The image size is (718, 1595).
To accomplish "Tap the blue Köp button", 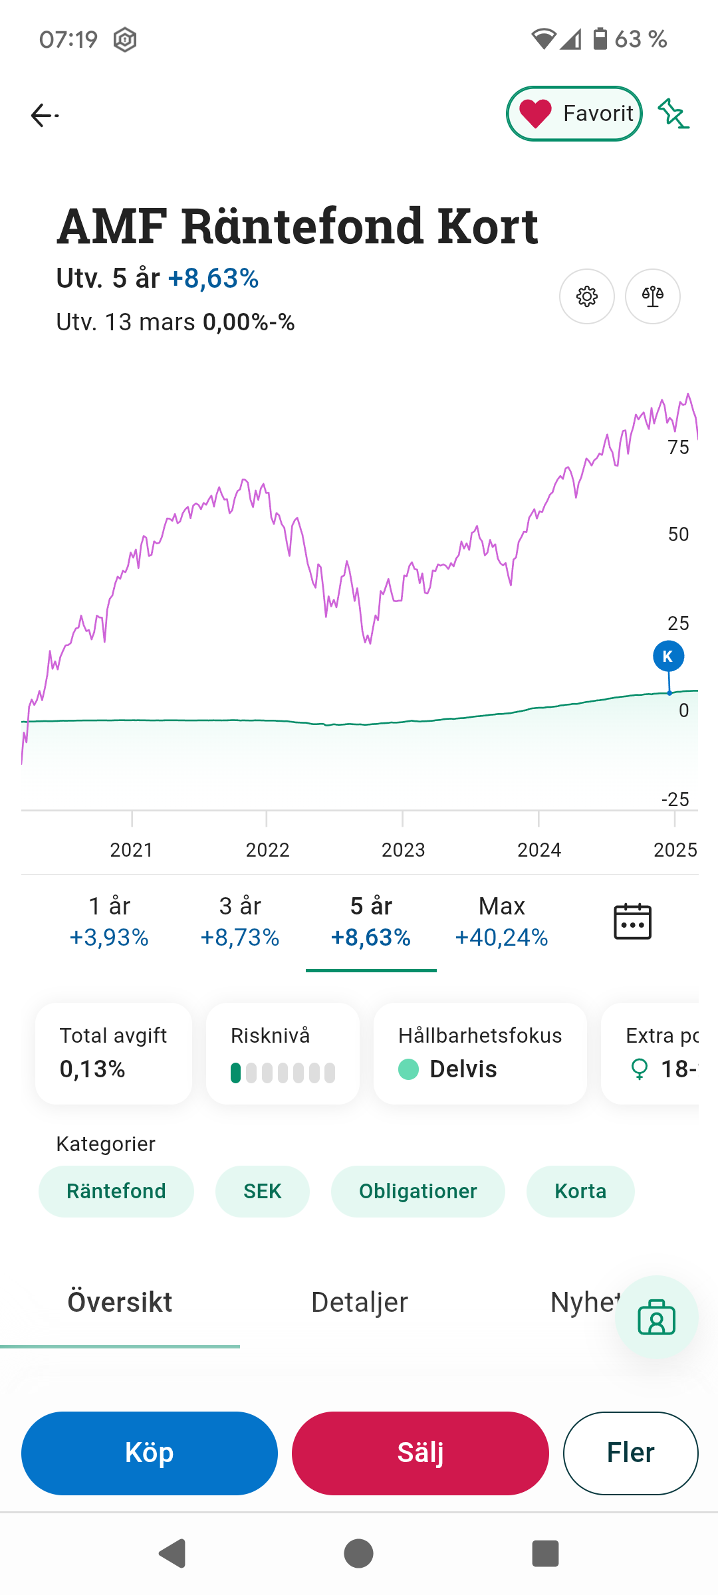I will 150,1453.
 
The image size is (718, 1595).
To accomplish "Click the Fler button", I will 630,1453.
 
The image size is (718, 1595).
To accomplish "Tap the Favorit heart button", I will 574,114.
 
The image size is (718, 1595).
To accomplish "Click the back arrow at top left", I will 44,116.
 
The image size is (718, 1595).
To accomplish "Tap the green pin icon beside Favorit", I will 673,114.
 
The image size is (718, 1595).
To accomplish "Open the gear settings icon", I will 586,296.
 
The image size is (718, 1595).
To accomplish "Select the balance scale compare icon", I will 652,296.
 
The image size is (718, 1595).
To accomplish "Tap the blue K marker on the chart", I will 668,657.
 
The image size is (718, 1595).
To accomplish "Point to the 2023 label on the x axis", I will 403,850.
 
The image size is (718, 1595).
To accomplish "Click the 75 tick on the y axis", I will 679,447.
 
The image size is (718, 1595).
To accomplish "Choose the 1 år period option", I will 109,922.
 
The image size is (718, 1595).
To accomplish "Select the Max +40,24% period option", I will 501,922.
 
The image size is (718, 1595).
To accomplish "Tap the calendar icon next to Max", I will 632,922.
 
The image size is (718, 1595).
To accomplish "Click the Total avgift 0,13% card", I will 114,1053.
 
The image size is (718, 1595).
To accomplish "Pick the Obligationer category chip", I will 418,1191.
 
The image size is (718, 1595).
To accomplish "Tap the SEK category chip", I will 262,1191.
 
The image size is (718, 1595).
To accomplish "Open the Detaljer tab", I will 359,1303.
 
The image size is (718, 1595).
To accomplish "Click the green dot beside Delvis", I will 408,1069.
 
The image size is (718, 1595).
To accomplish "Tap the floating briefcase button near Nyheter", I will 656,1317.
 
